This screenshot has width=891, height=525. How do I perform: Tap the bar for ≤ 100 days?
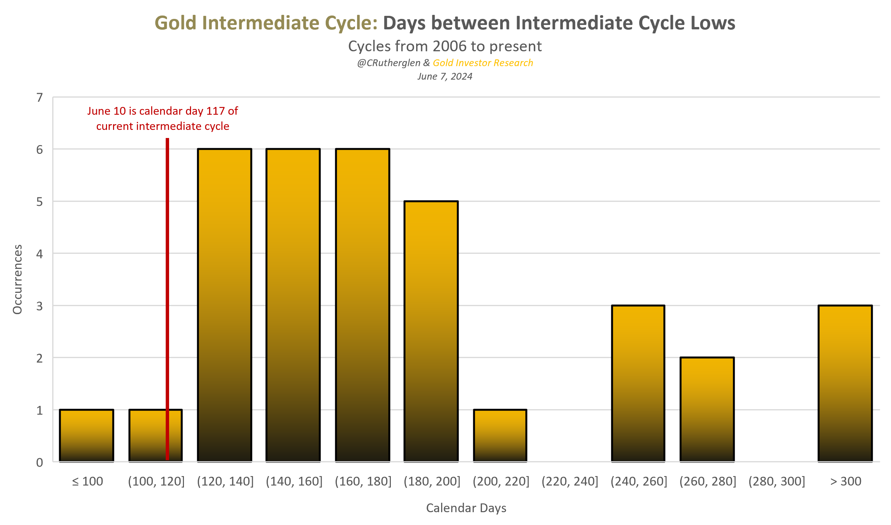pos(87,436)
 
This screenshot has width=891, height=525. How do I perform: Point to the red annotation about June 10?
pos(162,118)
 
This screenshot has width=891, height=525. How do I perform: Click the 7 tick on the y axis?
pos(39,97)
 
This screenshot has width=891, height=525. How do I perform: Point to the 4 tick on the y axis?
pos(39,254)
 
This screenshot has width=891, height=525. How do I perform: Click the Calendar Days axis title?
pos(466,508)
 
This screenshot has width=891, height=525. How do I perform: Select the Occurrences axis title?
pos(17,279)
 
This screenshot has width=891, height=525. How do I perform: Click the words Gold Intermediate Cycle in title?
pos(266,23)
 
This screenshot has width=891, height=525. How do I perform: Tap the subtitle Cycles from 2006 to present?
pos(445,46)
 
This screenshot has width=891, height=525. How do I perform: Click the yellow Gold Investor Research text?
pos(483,63)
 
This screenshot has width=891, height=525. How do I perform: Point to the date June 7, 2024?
pos(445,76)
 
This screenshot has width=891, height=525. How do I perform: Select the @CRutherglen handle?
pos(388,63)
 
